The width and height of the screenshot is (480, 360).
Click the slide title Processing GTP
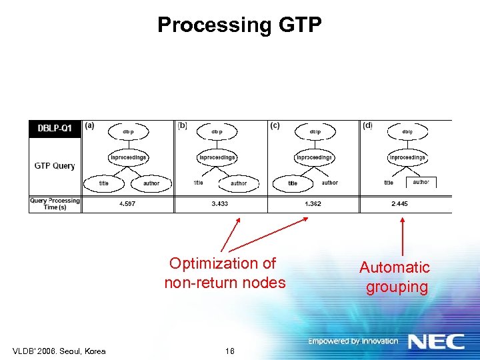click(239, 25)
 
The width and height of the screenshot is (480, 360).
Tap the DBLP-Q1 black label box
click(55, 129)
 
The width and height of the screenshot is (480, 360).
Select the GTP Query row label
click(55, 166)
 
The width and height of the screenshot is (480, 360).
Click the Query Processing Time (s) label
click(55, 203)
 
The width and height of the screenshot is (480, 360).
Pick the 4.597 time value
click(127, 203)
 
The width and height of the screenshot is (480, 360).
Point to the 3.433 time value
click(220, 203)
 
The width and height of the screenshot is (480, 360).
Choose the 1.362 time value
click(313, 203)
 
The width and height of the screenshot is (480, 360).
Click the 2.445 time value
click(400, 203)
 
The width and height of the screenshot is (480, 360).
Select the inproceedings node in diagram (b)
click(217, 157)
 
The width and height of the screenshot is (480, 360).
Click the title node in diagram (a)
click(104, 183)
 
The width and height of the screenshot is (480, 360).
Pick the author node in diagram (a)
click(151, 183)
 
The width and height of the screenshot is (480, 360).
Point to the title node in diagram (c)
click(293, 183)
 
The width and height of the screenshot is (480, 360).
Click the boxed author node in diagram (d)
click(421, 182)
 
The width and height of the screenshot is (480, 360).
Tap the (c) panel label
click(275, 125)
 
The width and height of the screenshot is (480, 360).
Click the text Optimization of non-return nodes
click(224, 273)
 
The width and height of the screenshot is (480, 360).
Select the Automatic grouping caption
click(395, 277)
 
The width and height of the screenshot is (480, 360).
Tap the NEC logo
click(436, 341)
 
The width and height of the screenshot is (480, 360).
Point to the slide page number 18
click(230, 351)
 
